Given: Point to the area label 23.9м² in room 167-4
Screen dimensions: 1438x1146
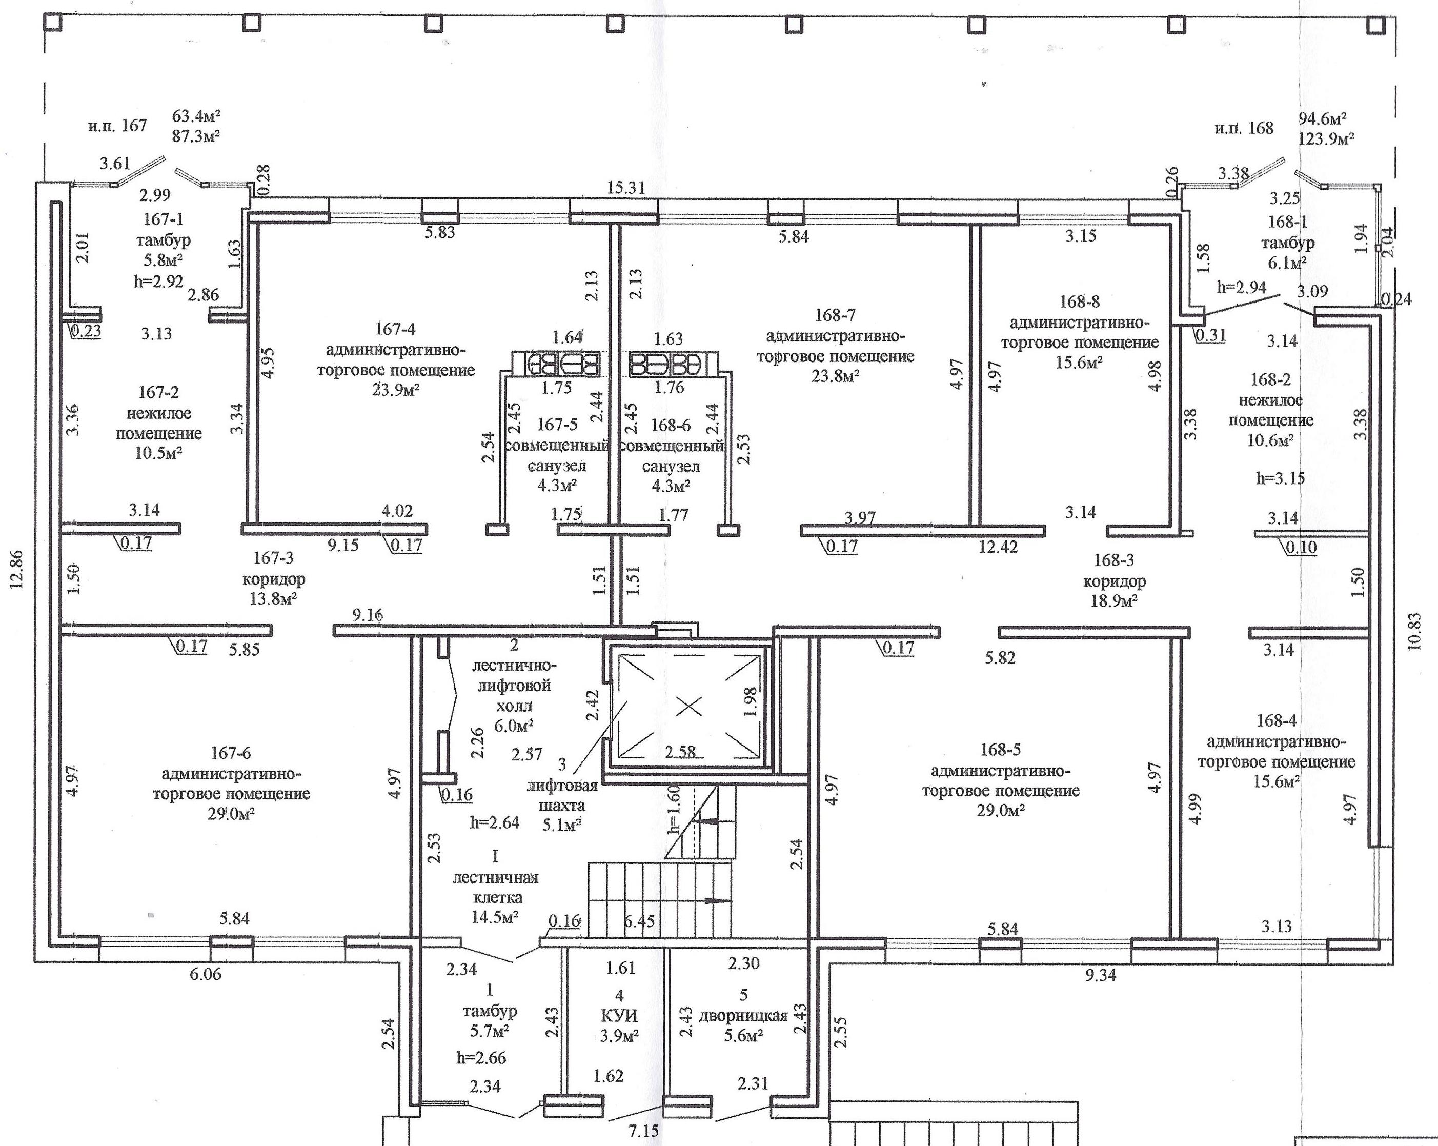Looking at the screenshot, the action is (x=396, y=390).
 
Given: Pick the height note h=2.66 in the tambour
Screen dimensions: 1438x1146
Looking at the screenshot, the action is (x=481, y=1058).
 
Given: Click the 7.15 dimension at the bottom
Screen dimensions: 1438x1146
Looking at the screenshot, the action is (x=642, y=1131).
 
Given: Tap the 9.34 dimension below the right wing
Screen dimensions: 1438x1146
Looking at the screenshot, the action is (x=1100, y=975).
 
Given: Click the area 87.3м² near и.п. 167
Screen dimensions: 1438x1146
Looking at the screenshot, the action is (x=196, y=135).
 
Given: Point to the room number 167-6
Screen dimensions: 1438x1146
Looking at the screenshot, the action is (x=231, y=753).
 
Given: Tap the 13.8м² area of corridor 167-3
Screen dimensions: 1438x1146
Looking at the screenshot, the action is (x=273, y=598).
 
